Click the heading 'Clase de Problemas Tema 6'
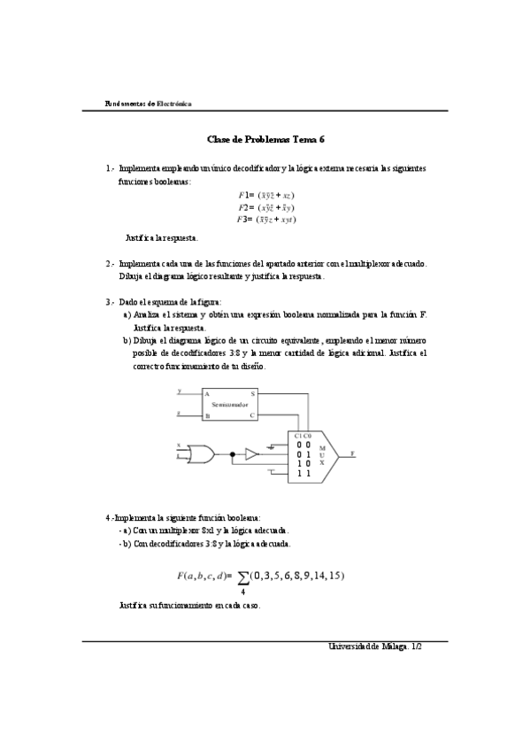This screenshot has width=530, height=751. click(265, 139)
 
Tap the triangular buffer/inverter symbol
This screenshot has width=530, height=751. click(251, 453)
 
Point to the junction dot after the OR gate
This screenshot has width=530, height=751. click(232, 453)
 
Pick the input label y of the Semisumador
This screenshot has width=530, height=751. click(179, 390)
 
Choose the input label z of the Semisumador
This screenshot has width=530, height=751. click(179, 413)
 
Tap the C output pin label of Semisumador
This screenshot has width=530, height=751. click(252, 414)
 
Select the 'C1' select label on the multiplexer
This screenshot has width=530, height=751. click(298, 435)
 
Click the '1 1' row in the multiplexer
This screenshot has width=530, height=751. click(303, 474)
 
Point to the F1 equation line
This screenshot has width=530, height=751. click(265, 194)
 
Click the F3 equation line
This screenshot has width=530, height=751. click(265, 219)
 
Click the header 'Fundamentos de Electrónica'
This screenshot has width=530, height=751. click(147, 104)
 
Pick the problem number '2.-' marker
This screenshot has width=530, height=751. click(111, 263)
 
